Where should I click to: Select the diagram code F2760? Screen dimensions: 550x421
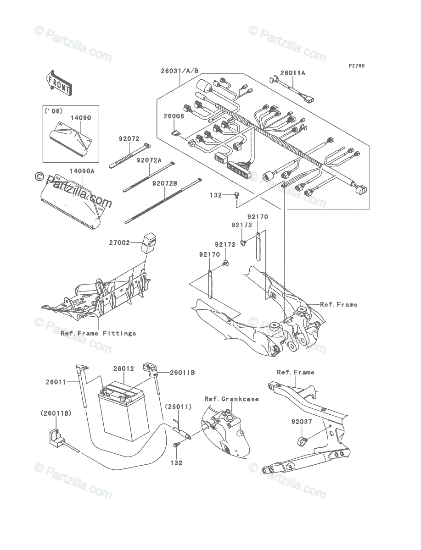[356, 66]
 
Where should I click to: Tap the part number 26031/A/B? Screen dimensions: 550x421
[180, 71]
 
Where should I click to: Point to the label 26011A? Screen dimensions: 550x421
[293, 73]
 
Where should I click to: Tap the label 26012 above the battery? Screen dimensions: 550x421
[123, 368]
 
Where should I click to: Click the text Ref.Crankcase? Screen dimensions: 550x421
[231, 399]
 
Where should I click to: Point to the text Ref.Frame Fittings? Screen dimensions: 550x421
[98, 333]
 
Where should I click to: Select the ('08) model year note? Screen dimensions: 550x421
[54, 111]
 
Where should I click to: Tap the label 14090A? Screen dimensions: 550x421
[82, 171]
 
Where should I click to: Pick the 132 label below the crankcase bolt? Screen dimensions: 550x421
[176, 463]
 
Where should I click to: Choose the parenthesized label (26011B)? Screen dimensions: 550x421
[56, 413]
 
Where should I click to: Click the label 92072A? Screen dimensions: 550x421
[149, 160]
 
